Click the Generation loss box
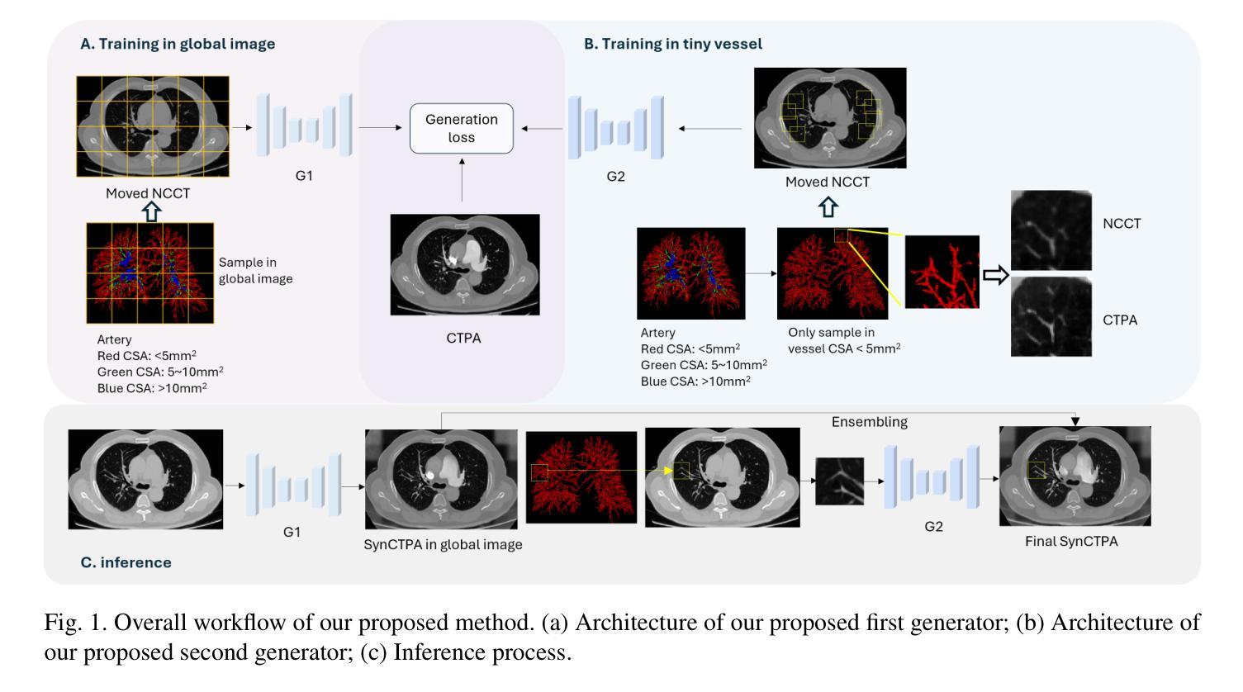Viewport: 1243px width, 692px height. coord(462,128)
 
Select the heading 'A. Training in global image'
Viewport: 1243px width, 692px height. coord(178,44)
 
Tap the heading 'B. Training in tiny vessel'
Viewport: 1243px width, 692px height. coord(673,44)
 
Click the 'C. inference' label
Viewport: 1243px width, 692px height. coord(126,562)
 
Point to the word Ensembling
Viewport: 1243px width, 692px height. coord(869,422)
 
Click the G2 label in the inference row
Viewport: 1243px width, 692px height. coord(933,527)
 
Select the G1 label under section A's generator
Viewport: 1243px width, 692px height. coord(304,176)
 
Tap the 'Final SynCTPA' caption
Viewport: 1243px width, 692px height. coord(1071,542)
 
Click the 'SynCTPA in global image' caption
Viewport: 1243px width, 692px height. coord(443,544)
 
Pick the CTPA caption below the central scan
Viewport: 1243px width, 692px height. coord(463,338)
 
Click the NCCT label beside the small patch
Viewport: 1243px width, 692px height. coord(1122,224)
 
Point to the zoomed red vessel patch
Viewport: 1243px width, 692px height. coord(942,272)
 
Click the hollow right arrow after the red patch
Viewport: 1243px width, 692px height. coord(996,275)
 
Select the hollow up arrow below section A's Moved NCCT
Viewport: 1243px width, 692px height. coord(150,211)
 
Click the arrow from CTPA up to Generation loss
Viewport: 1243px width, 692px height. coord(462,182)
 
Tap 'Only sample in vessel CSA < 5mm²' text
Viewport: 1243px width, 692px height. coord(844,340)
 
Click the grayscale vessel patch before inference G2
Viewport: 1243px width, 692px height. coord(839,481)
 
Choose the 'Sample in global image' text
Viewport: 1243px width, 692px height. coord(256,271)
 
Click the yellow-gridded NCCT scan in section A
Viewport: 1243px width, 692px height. coord(153,126)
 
